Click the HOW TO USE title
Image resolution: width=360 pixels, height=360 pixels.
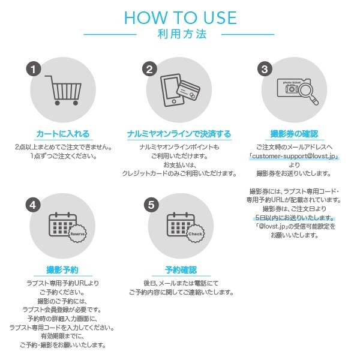[180, 17]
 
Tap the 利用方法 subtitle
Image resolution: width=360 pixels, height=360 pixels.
[182, 34]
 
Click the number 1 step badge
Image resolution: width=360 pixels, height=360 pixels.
[34, 69]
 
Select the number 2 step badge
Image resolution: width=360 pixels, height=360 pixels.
[149, 69]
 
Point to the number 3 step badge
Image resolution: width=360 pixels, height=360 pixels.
[265, 69]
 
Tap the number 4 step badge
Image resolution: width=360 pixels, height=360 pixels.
[33, 205]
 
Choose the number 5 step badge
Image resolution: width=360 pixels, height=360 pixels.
[151, 205]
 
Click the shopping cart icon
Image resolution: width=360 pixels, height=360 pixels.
[64, 90]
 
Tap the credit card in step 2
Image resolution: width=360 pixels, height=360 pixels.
[188, 90]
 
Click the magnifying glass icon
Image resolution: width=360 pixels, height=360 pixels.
[308, 94]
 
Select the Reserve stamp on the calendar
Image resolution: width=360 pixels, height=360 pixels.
[77, 234]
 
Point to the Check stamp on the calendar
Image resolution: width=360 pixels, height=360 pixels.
[196, 234]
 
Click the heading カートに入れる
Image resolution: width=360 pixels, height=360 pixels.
[63, 134]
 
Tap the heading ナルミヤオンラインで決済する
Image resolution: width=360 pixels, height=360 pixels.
[179, 134]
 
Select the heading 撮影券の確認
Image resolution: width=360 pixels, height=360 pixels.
[294, 134]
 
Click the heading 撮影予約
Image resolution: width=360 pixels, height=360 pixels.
[62, 270]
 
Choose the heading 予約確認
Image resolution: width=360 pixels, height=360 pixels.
[181, 270]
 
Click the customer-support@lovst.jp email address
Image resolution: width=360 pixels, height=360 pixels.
[294, 156]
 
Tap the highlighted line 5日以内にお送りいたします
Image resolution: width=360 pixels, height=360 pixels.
[295, 217]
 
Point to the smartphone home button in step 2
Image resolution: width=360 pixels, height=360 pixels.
[174, 101]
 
